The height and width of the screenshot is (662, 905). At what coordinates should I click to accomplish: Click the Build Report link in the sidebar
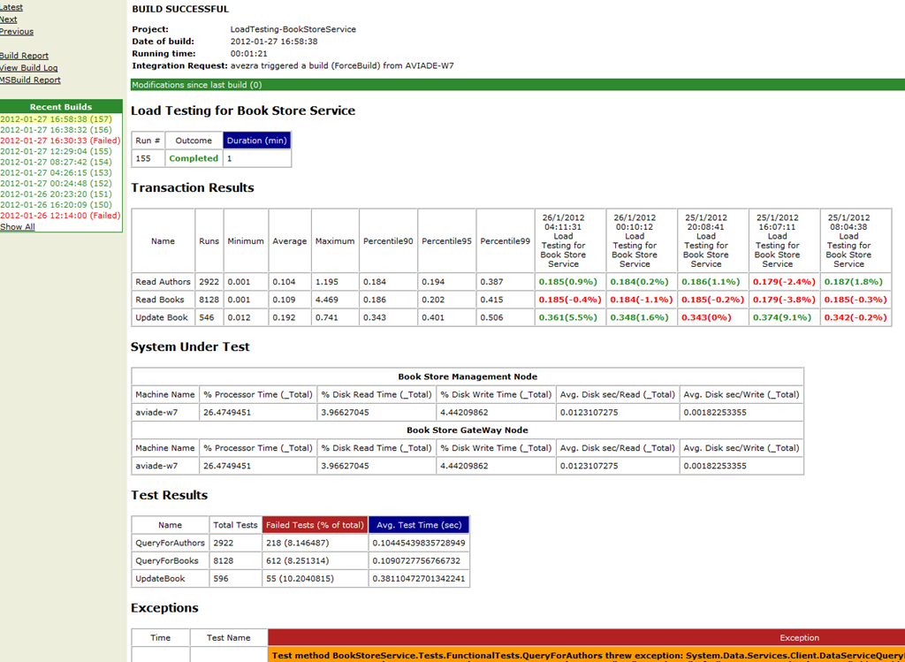pyautogui.click(x=24, y=56)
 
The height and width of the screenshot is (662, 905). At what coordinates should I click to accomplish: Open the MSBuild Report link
pyautogui.click(x=30, y=80)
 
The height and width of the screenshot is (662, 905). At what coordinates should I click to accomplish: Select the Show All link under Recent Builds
pyautogui.click(x=18, y=227)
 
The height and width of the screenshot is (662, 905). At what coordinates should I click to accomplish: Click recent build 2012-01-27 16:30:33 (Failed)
pyautogui.click(x=60, y=141)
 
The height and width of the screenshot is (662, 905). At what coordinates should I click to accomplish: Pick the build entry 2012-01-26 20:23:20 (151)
pyautogui.click(x=56, y=194)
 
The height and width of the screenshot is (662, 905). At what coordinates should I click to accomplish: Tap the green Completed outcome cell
pyautogui.click(x=194, y=158)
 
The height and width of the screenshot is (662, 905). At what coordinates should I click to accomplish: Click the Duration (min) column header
pyautogui.click(x=257, y=141)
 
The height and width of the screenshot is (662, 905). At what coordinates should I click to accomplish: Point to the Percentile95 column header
pyautogui.click(x=446, y=241)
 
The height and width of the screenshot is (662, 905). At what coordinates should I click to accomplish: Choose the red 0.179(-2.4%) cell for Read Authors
pyautogui.click(x=784, y=282)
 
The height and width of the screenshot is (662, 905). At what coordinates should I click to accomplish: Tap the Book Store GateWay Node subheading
pyautogui.click(x=468, y=430)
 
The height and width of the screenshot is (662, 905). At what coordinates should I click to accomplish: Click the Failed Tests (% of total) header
pyautogui.click(x=316, y=525)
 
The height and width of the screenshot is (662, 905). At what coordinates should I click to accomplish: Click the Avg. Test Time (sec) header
pyautogui.click(x=419, y=525)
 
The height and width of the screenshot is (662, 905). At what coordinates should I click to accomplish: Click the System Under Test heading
pyautogui.click(x=190, y=346)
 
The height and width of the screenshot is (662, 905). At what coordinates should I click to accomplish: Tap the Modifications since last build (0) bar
pyautogui.click(x=518, y=85)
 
